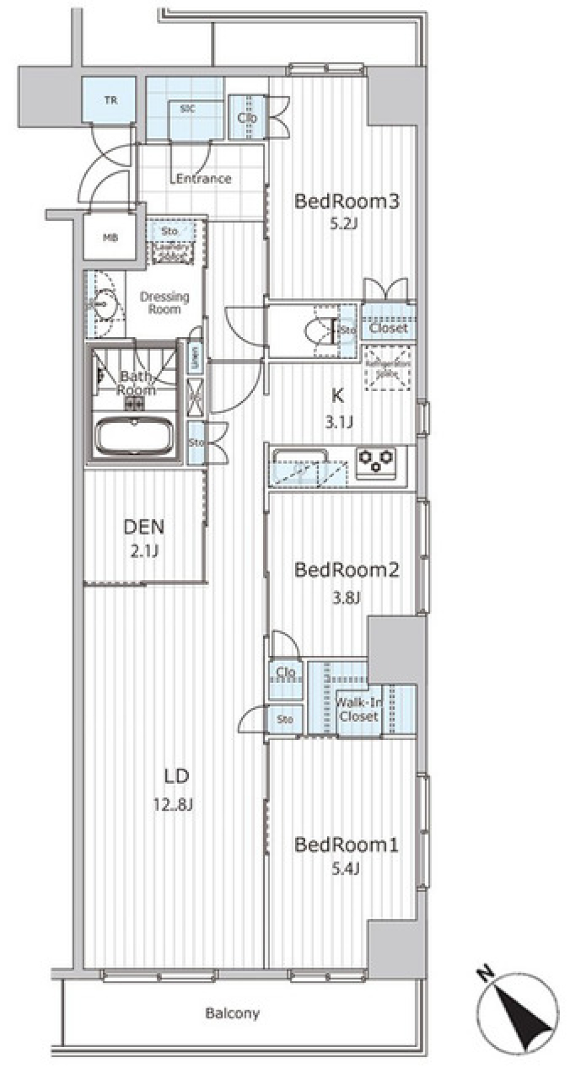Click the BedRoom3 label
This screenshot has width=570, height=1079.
347,202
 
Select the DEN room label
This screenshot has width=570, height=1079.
144,526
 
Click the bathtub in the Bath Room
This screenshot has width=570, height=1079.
134,437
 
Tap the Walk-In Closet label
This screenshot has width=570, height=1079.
359,709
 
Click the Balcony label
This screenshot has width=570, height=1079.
232,1013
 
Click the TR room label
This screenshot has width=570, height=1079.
111,100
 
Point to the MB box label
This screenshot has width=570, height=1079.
110,238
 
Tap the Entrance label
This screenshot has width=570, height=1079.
203,178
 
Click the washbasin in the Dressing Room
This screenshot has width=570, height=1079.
104,304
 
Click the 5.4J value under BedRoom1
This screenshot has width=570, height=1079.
346,869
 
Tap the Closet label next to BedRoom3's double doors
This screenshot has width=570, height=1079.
388,328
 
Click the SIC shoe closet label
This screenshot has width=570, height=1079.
187,109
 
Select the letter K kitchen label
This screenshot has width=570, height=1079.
337,395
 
